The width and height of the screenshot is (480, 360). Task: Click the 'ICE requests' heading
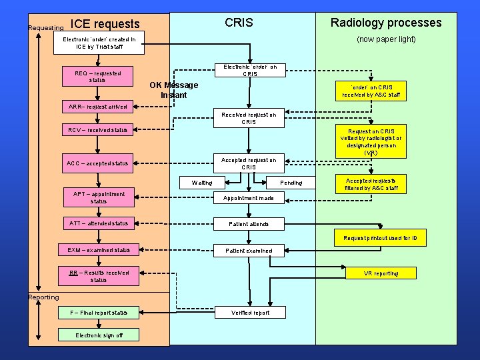click(x=105, y=25)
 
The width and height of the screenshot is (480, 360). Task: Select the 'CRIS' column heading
click(x=239, y=23)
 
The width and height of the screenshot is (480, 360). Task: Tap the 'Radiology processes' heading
click(x=386, y=23)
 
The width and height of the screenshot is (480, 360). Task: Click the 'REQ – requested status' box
click(x=97, y=76)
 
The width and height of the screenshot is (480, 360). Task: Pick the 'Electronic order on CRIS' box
click(x=249, y=70)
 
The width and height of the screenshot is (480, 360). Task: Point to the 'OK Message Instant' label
click(x=173, y=90)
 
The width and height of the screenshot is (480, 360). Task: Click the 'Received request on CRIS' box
click(x=249, y=119)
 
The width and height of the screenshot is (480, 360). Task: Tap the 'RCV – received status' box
click(x=97, y=129)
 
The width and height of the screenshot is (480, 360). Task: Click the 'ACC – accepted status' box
click(x=97, y=163)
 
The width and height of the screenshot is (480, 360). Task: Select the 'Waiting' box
click(x=202, y=183)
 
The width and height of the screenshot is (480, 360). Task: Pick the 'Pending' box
click(x=291, y=183)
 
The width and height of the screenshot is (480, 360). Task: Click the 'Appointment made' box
click(x=248, y=198)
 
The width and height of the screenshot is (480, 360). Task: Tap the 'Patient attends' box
click(x=248, y=224)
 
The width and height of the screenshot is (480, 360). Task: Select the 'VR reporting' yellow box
click(x=381, y=273)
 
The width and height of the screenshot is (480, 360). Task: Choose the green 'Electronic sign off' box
click(x=99, y=335)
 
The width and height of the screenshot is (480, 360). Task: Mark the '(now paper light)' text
click(x=385, y=39)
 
